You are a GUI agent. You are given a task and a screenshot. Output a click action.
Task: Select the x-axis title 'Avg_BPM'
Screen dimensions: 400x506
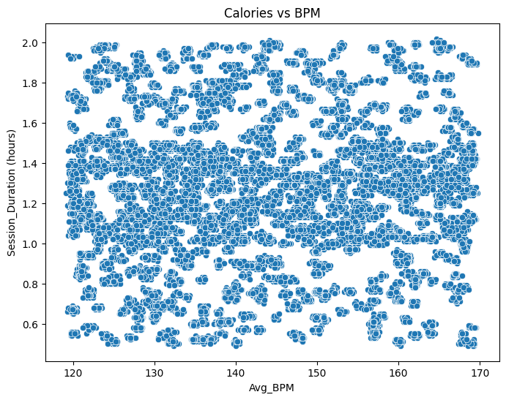(x=272, y=388)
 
